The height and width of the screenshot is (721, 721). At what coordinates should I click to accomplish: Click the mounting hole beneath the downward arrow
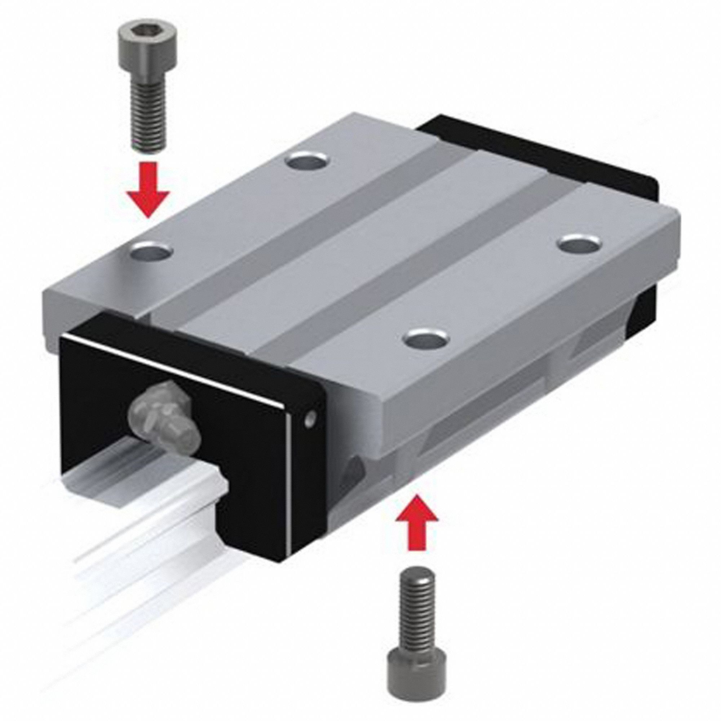pos(152,249)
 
